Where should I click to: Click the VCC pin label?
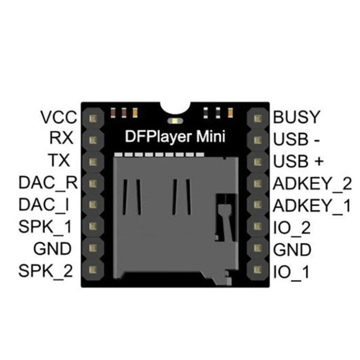point(58,117)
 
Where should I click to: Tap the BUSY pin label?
point(297,117)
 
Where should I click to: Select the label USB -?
point(296,139)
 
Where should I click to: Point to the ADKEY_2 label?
point(312,184)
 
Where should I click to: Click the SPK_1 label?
point(45,227)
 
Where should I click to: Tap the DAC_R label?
point(48,183)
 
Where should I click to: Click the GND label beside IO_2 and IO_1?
point(292,250)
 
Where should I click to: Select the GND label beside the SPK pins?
point(52,249)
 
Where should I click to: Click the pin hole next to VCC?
point(93,118)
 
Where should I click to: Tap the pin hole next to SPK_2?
point(93,270)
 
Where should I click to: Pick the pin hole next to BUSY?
point(257,118)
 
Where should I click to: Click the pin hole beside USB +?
point(257,162)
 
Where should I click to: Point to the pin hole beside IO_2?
point(257,226)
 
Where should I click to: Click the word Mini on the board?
point(211,137)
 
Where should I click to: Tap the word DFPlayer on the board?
point(158,137)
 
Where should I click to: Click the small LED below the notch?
point(175,121)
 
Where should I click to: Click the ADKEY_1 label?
point(312,206)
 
